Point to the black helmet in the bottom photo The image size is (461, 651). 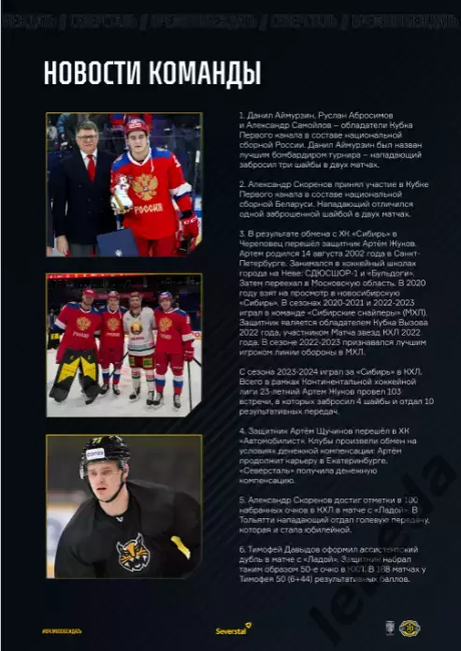[x=104, y=453]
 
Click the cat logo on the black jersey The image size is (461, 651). [x=133, y=551]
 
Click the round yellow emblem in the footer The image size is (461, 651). [x=411, y=629]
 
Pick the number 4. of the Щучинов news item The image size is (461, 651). [x=241, y=432]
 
